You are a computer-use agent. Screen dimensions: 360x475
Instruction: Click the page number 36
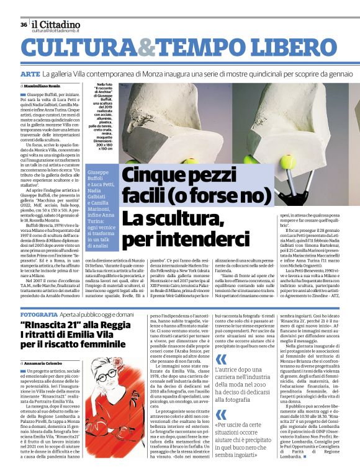click(x=23, y=24)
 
